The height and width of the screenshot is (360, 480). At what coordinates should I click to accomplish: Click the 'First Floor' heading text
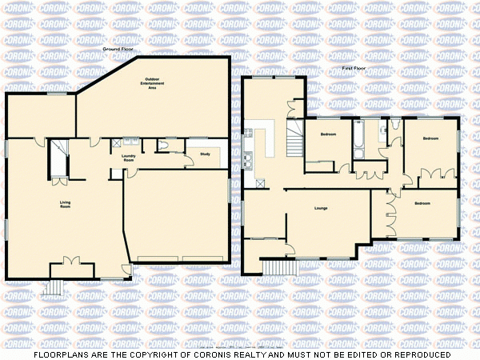coord(354,69)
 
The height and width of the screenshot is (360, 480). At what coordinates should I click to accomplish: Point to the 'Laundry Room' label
coord(128,158)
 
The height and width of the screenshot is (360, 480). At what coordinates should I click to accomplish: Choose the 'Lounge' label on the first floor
coord(321,209)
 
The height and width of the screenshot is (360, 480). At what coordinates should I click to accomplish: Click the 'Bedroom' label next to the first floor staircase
coord(328,134)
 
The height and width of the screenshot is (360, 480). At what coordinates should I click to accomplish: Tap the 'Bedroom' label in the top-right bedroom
coord(430,138)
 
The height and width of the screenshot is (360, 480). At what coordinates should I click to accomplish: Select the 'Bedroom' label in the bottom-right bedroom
coord(422,204)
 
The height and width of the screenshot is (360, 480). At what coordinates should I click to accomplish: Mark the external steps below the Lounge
coord(276,267)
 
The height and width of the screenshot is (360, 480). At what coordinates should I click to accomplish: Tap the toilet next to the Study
coord(163,145)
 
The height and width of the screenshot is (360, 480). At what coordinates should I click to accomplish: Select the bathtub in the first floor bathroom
coord(358,139)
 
